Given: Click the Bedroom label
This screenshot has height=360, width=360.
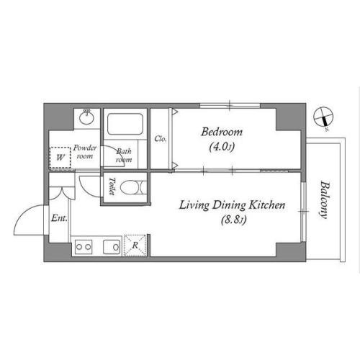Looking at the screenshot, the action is pyautogui.click(x=222, y=132).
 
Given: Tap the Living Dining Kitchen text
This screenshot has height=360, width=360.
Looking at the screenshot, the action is pyautogui.click(x=233, y=205).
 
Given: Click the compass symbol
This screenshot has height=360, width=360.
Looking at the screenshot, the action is pyautogui.click(x=323, y=117).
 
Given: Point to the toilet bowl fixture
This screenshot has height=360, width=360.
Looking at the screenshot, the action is pyautogui.click(x=132, y=187).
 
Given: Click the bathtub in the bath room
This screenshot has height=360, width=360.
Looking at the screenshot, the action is pyautogui.click(x=125, y=124).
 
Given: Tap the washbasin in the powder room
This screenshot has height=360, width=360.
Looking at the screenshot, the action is pyautogui.click(x=86, y=117).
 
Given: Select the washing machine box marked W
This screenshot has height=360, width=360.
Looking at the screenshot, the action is pyautogui.click(x=60, y=158).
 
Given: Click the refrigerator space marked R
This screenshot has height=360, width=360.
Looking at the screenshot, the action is pyautogui.click(x=135, y=246).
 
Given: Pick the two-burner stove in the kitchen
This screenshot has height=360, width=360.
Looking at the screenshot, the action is pyautogui.click(x=84, y=247).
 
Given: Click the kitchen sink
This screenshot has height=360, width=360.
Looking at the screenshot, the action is pyautogui.click(x=112, y=247).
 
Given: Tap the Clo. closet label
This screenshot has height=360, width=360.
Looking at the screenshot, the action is pyautogui.click(x=161, y=138).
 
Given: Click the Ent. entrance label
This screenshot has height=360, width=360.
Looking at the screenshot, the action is pyautogui.click(x=59, y=218).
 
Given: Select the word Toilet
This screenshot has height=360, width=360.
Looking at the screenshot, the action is pyautogui.click(x=112, y=186).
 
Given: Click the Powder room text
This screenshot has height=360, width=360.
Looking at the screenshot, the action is pyautogui.click(x=85, y=152).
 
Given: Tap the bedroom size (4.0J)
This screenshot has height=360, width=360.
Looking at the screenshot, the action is pyautogui.click(x=222, y=147).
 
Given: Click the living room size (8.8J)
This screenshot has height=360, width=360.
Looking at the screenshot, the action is pyautogui.click(x=233, y=220).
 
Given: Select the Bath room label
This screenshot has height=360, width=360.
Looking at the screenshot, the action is pyautogui.click(x=124, y=156).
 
